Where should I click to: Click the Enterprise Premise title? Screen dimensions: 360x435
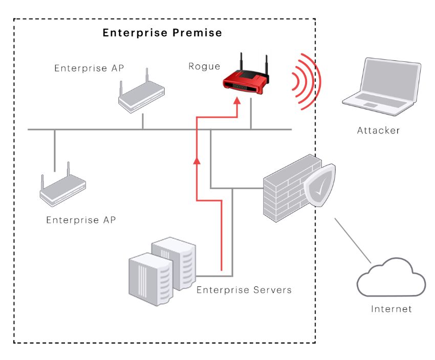pyautogui.click(x=162, y=33)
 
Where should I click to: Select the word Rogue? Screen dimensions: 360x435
pyautogui.click(x=204, y=66)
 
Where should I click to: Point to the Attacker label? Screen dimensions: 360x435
pyautogui.click(x=378, y=131)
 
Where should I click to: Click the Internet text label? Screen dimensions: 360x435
pyautogui.click(x=391, y=309)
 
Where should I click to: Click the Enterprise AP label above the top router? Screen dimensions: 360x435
pyautogui.click(x=89, y=68)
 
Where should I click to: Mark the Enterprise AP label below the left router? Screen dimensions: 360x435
pyautogui.click(x=81, y=220)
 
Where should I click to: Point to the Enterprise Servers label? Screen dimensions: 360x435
pyautogui.click(x=244, y=290)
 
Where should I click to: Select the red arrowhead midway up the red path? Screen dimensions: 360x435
pyautogui.click(x=197, y=162)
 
